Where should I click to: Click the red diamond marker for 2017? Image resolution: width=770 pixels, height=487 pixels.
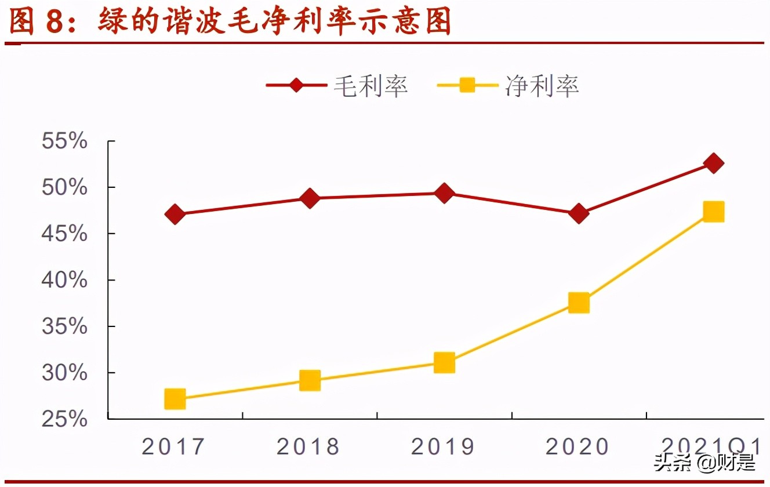175,215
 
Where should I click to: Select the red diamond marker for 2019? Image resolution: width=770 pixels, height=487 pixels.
444,193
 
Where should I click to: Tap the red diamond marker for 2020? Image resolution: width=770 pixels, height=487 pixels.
578,214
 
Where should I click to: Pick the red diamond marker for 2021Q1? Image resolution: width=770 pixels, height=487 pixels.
713,163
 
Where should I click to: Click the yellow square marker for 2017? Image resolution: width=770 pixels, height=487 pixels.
175,399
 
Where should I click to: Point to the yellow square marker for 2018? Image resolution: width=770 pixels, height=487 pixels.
310,381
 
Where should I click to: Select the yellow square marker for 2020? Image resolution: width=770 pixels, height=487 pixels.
579,303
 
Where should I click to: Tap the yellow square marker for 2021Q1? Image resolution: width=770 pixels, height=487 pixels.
713,212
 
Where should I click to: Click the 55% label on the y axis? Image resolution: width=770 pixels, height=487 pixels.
64,141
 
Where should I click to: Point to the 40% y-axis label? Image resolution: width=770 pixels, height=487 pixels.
64,280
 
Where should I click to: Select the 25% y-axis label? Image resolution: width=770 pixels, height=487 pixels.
64,419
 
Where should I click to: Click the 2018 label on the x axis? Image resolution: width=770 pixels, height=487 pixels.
308,447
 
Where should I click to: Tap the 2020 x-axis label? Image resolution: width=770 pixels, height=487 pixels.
577,447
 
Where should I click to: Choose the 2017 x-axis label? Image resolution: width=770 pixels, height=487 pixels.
173,447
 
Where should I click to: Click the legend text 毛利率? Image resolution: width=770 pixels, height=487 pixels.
371,86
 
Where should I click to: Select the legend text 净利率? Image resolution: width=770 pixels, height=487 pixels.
542,86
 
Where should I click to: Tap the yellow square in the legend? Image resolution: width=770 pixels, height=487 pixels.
467,86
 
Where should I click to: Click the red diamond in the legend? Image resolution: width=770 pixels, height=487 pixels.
296,86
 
